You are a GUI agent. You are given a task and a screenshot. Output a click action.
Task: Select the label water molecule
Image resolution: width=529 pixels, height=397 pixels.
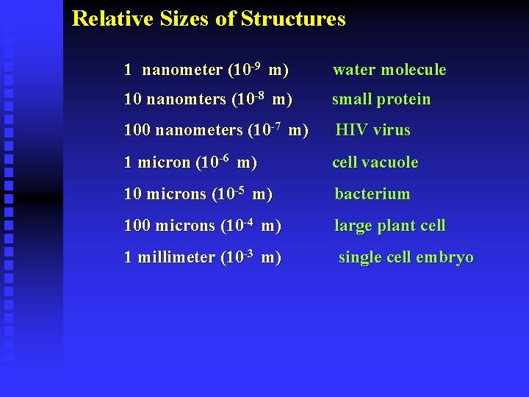[x=389, y=70]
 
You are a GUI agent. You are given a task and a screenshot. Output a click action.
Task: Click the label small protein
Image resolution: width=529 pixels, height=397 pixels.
[x=381, y=99]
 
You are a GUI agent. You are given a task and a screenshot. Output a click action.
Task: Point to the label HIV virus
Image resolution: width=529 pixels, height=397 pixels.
[x=373, y=130]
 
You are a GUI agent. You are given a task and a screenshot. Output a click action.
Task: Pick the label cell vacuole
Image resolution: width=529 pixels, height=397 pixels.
[x=375, y=162]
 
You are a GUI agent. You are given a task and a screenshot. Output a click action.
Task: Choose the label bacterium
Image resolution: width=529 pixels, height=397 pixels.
[x=373, y=194]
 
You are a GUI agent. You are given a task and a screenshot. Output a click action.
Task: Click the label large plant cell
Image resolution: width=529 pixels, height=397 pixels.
[x=390, y=226]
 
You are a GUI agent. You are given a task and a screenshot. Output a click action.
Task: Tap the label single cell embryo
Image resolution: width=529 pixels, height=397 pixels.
[x=406, y=258]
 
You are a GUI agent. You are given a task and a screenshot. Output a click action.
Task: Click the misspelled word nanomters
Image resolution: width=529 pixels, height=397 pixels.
[x=187, y=99]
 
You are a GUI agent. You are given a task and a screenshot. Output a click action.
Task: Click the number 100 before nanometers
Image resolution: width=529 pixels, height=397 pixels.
[x=137, y=130]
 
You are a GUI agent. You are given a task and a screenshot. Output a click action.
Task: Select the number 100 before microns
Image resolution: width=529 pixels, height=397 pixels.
[x=137, y=226]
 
